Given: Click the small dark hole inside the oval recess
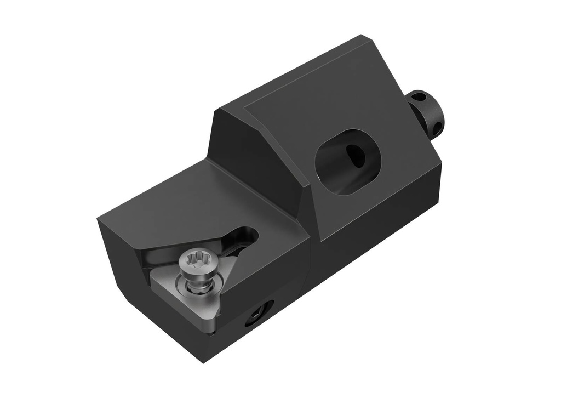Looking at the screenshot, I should coord(356,156).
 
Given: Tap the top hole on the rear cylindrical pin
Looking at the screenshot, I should coord(419,98).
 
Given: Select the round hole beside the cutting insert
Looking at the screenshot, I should coord(259,314).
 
